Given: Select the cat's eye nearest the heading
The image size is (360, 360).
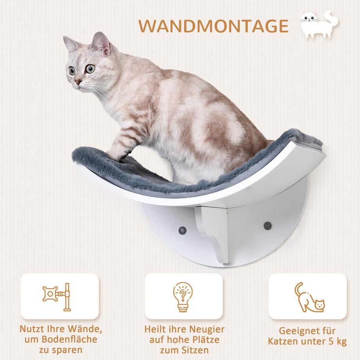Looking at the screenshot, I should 90,69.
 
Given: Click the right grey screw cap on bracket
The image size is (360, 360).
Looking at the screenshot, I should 267,226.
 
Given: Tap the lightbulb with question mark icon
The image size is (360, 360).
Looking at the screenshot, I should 183,296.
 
